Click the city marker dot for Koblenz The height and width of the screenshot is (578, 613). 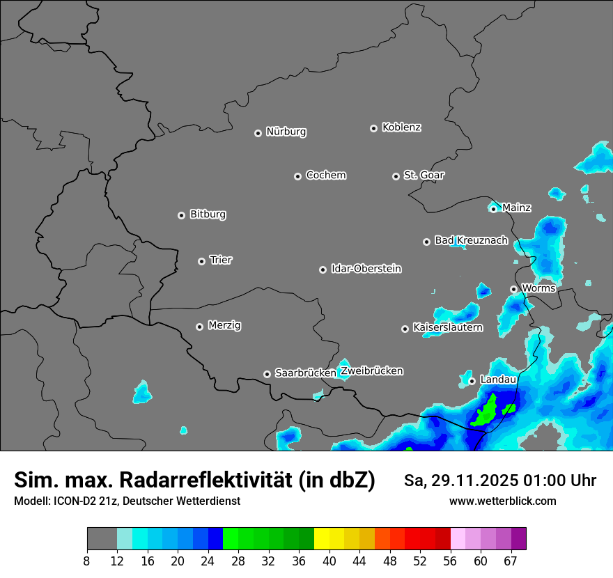coord(373,128)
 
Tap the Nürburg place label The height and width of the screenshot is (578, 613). coord(286,132)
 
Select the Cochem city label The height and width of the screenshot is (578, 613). coord(326,175)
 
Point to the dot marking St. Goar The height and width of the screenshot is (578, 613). coord(396,176)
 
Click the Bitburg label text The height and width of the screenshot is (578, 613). coord(208,214)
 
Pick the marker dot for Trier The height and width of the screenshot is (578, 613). coord(201,261)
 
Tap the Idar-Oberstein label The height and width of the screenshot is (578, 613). coord(366,269)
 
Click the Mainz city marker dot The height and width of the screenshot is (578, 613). coord(493,209)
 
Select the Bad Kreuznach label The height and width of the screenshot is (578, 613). coord(472,240)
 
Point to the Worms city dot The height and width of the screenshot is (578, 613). coord(513,289)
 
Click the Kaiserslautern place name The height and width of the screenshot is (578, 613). coord(448,327)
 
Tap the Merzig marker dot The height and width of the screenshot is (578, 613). coord(199,327)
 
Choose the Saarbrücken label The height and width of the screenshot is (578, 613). coord(305,373)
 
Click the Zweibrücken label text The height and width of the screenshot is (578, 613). coord(372,371)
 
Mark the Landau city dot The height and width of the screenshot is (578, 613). coord(472,381)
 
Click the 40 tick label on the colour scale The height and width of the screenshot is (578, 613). coord(329,561)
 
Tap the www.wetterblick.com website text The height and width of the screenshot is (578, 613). coord(502,501)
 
